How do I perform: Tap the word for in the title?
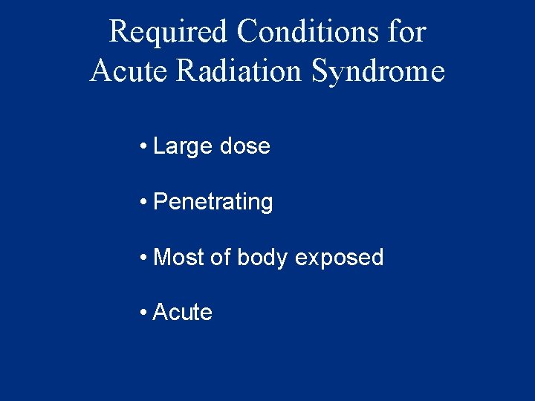click(408, 32)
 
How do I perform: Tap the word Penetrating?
click(213, 203)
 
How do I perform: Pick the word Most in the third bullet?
click(178, 258)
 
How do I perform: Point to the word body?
click(262, 258)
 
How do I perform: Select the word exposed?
click(340, 258)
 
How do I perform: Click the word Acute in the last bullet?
click(182, 313)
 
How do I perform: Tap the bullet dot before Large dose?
click(142, 147)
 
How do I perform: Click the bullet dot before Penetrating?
click(142, 202)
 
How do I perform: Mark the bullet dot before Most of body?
click(142, 258)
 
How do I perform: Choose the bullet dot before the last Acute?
click(142, 313)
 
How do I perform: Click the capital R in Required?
click(118, 32)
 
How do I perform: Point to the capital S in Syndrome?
click(320, 71)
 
